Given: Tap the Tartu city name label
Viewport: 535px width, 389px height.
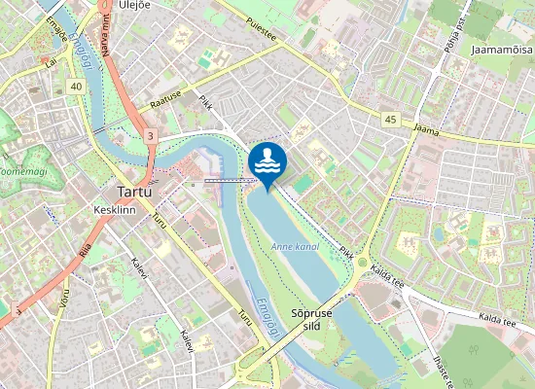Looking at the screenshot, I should click(x=133, y=191).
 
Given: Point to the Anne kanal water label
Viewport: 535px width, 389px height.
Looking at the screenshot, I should click(x=296, y=247).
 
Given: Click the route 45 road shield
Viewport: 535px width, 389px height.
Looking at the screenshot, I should click(x=391, y=119).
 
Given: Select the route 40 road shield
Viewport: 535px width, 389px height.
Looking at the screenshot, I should click(x=76, y=87).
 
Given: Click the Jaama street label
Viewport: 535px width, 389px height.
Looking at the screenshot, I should click(x=425, y=126).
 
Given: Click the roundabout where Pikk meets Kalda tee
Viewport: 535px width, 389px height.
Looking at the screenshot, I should click(x=363, y=263).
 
